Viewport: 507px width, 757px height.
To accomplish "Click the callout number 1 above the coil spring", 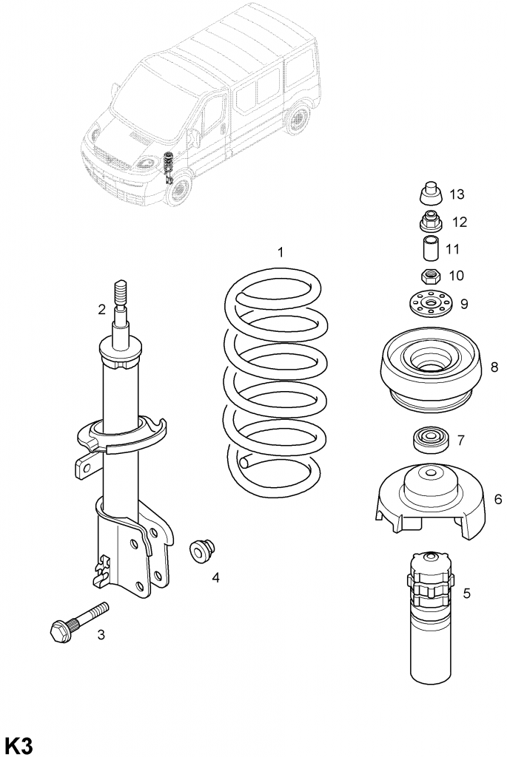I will (281, 253).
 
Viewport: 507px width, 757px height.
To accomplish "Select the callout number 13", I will (457, 194).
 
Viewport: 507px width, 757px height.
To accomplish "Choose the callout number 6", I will (497, 500).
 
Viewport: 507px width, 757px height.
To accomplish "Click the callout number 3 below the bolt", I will (101, 634).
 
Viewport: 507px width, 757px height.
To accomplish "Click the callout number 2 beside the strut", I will (101, 310).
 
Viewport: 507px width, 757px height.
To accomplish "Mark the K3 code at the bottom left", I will (19, 744).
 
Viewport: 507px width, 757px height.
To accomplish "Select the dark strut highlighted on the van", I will (167, 167).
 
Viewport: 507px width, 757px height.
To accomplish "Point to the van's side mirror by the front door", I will (194, 138).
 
